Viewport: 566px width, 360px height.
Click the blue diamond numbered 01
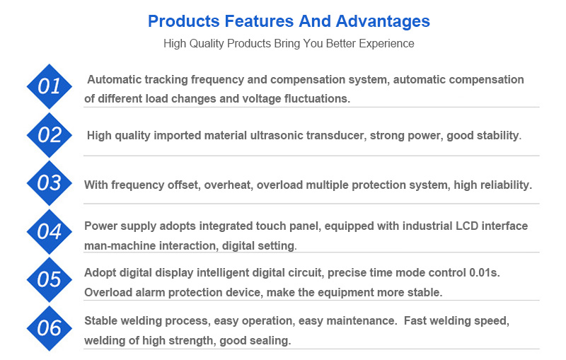point(49,87)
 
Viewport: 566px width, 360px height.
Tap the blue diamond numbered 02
point(49,135)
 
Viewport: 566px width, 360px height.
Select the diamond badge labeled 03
point(49,183)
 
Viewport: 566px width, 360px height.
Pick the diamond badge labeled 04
point(49,231)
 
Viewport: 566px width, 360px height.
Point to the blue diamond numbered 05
point(49,279)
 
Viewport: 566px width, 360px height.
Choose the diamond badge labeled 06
point(49,327)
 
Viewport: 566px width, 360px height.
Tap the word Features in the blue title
point(242,21)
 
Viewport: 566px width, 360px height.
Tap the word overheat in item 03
point(228,185)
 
